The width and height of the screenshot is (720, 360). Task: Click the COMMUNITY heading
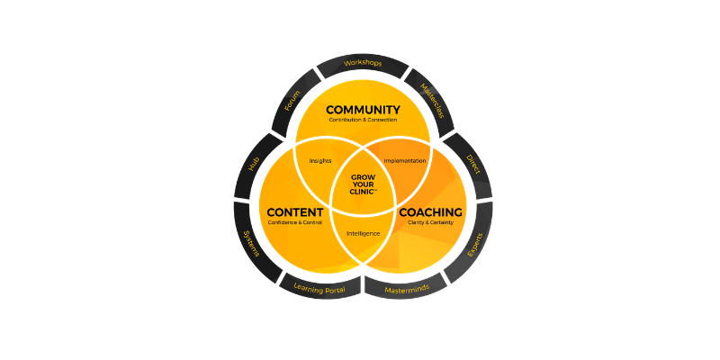363,110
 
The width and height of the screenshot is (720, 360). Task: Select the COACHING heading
430,212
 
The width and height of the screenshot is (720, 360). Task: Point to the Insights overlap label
320,161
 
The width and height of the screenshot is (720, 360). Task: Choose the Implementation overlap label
404,161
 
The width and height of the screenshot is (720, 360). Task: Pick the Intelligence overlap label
363,234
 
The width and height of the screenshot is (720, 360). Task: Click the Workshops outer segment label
363,64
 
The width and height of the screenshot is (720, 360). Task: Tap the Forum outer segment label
292,102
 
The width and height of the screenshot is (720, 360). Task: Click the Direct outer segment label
472,163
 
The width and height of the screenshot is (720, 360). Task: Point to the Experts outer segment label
474,244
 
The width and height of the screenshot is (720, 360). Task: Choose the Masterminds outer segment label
407,288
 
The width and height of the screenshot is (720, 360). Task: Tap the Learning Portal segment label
319,288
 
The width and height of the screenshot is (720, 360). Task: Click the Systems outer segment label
252,244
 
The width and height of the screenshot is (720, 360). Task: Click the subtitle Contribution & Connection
363,120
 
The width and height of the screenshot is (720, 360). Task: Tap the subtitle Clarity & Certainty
430,222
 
